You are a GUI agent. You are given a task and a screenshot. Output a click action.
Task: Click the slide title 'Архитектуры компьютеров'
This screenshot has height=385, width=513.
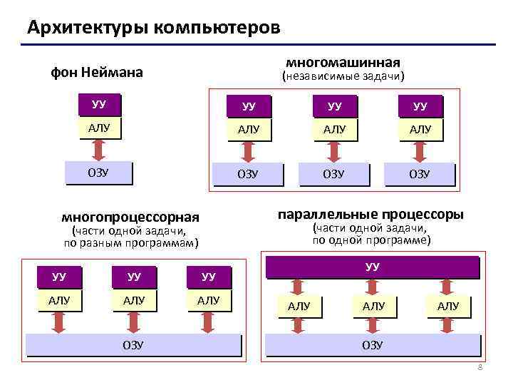(x=153, y=28)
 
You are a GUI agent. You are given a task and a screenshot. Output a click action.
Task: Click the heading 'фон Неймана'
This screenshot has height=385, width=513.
(x=96, y=72)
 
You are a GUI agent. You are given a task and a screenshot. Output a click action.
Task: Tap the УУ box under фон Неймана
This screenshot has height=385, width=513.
(x=99, y=104)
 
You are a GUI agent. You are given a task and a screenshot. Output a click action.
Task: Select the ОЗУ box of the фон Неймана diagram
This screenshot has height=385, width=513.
(x=99, y=173)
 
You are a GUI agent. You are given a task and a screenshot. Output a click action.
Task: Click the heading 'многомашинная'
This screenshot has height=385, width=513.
(x=343, y=62)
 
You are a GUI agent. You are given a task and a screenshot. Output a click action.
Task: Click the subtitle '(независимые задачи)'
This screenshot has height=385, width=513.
(x=343, y=76)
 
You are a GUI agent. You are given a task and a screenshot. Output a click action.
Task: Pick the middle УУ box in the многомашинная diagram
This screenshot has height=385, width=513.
(x=334, y=106)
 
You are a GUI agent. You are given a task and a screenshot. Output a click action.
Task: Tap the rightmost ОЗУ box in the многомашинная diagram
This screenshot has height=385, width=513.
(x=419, y=175)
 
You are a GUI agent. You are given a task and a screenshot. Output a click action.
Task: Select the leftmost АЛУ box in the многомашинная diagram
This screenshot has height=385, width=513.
(x=248, y=130)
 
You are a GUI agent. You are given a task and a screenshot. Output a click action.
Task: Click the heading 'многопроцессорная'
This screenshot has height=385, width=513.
(x=130, y=217)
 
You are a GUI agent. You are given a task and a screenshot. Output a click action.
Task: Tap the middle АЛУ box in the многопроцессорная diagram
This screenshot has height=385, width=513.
(x=133, y=301)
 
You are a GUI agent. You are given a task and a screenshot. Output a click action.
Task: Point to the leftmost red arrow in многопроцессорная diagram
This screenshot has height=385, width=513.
(x=59, y=322)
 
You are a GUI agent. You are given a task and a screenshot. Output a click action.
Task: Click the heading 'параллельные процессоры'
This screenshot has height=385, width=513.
(x=370, y=215)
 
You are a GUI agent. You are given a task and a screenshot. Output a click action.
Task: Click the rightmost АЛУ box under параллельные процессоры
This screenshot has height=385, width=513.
(x=448, y=307)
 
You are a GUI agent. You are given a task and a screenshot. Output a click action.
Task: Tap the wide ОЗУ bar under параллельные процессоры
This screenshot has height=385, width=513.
(x=372, y=345)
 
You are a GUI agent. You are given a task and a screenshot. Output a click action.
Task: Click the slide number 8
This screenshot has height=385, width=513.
(x=480, y=367)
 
